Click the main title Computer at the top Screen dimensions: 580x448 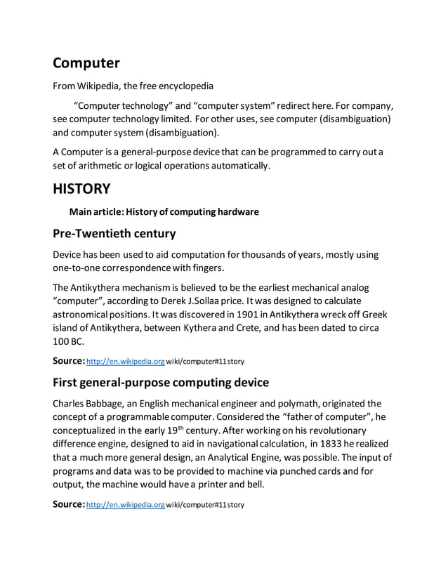click(86, 64)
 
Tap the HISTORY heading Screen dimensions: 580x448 click(82, 188)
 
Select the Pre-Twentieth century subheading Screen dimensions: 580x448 click(114, 233)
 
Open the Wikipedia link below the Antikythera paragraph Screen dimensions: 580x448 click(125, 361)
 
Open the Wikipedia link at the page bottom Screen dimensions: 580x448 click(125, 505)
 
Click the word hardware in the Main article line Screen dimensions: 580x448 click(235, 211)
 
